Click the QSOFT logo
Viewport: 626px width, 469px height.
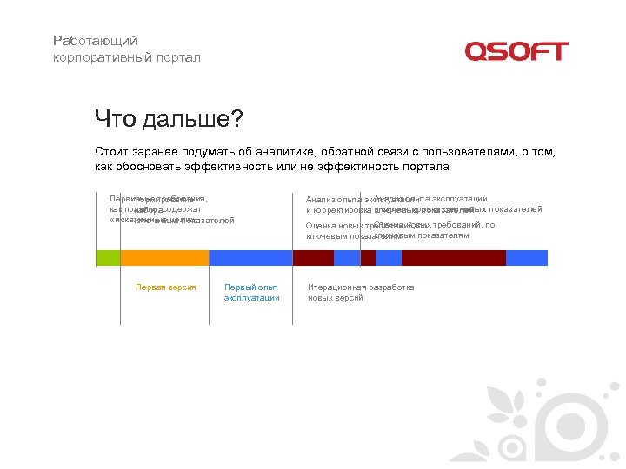516,51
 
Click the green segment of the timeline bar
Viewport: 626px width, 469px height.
108,257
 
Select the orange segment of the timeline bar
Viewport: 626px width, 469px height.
164,257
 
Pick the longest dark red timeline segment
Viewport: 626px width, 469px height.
453,257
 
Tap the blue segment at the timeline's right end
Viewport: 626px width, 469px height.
527,257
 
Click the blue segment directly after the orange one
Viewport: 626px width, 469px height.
250,257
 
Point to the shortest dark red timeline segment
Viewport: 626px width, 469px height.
368,257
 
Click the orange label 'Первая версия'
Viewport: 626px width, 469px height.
165,287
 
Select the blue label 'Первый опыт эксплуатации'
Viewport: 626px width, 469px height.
251,293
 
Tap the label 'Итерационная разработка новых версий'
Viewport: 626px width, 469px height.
361,293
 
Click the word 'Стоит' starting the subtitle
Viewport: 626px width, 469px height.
111,152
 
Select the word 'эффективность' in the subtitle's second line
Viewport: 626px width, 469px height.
230,167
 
